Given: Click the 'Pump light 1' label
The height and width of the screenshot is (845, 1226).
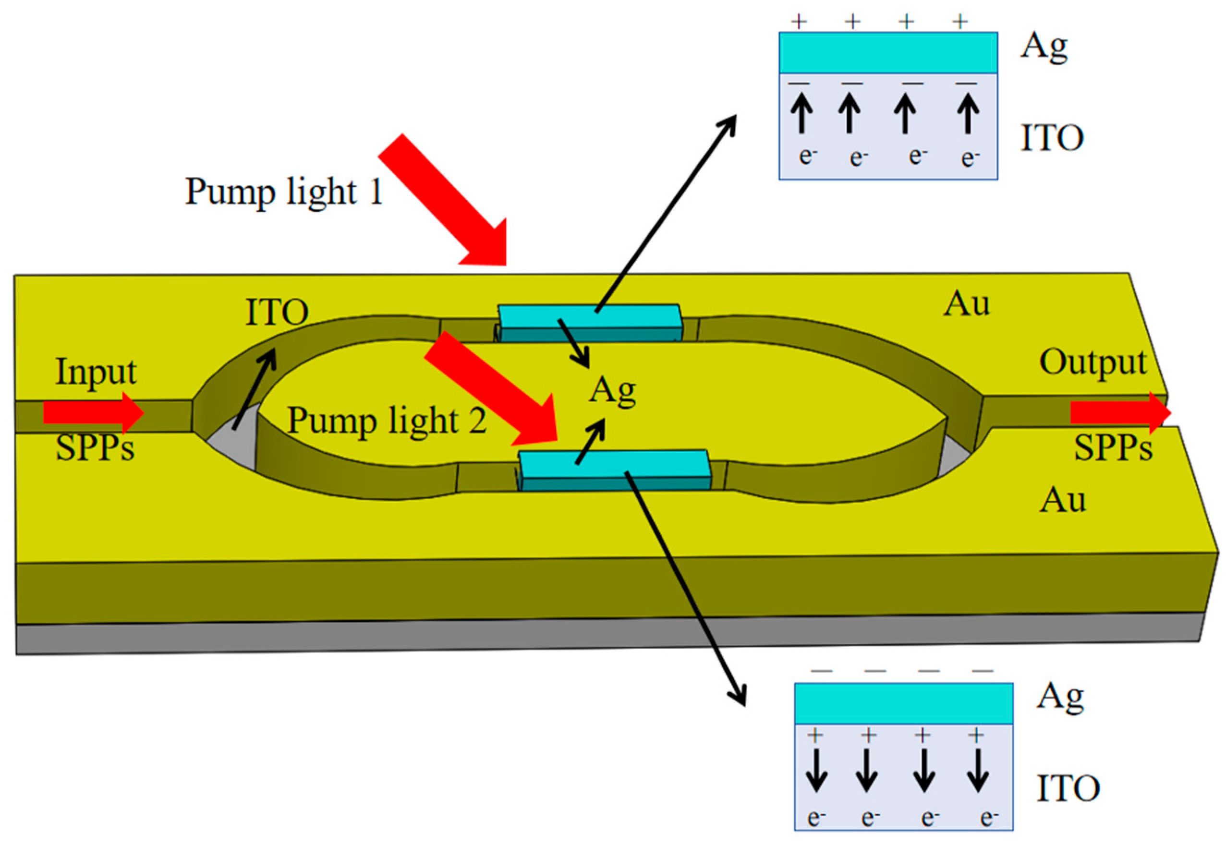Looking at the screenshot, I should tap(283, 192).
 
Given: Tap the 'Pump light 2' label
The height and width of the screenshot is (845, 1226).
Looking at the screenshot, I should tap(387, 421).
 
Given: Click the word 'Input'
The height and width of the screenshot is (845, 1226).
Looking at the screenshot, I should tap(96, 372).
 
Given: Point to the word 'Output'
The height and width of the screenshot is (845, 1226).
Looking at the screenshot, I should tap(1092, 362).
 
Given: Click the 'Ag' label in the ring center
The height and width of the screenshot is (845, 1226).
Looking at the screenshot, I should tap(612, 391).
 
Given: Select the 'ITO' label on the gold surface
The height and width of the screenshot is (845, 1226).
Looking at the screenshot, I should tap(277, 313).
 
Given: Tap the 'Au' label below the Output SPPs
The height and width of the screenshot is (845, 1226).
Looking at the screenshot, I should tap(1062, 500).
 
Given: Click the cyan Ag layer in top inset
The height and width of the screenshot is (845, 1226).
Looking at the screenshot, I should tap(887, 52).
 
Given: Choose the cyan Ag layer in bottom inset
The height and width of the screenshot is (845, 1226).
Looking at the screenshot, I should tap(903, 703).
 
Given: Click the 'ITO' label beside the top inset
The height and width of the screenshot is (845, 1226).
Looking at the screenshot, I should tap(1052, 138).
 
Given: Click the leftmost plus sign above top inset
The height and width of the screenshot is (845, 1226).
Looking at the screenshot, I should tap(799, 22).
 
